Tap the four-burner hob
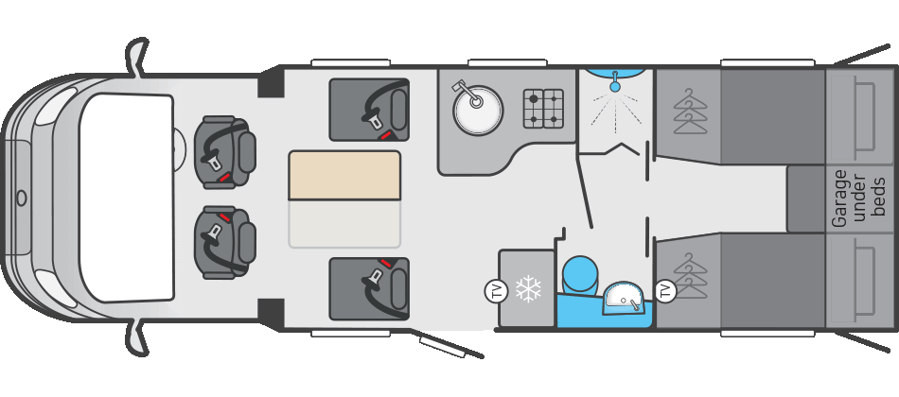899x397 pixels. [x=543, y=109]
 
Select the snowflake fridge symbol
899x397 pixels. [x=528, y=289]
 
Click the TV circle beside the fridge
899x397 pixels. [x=496, y=291]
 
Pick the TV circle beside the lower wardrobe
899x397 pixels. [x=665, y=290]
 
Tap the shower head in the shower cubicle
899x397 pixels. [x=614, y=86]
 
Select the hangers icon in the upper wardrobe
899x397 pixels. [x=690, y=112]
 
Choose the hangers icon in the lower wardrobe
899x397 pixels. [x=690, y=275]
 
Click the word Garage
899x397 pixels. [x=839, y=198]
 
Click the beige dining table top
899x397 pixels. [x=344, y=175]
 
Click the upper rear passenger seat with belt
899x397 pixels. [x=370, y=110]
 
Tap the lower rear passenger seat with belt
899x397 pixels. [x=370, y=287]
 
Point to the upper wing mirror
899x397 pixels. [x=137, y=59]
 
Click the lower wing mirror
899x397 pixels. [x=138, y=337]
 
